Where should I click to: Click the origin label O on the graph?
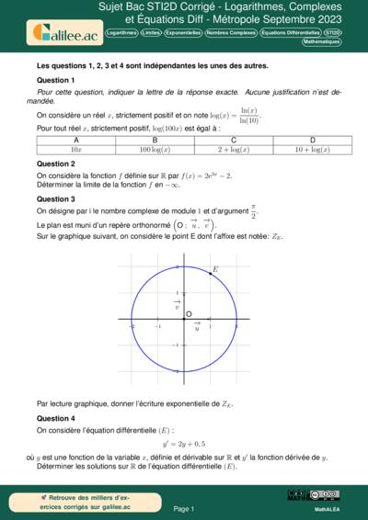(x=189, y=314)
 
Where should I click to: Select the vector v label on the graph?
(x=176, y=304)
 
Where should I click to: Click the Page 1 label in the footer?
(x=184, y=507)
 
